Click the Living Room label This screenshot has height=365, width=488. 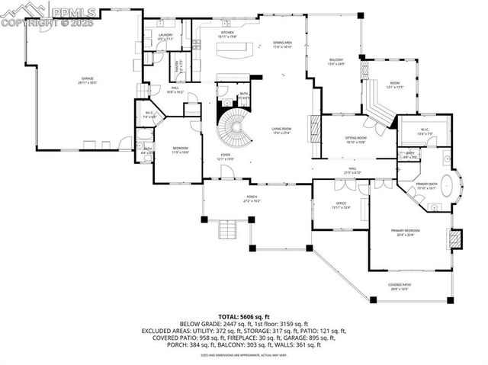click(281, 131)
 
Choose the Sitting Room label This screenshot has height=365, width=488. click(356, 139)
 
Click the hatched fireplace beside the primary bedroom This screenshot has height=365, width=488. click(455, 239)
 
